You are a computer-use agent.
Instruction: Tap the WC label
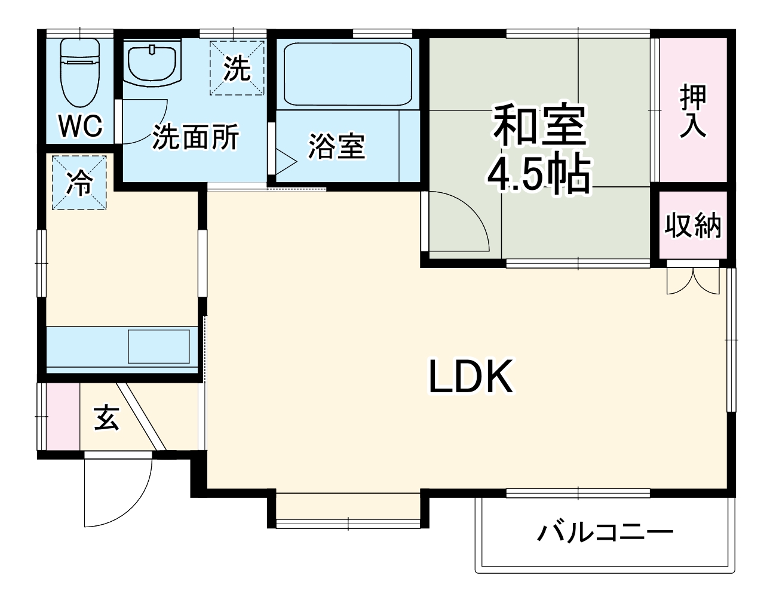click(81, 126)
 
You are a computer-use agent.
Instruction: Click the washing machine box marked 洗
click(237, 68)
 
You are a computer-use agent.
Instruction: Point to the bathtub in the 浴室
click(348, 73)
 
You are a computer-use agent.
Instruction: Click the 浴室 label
click(336, 146)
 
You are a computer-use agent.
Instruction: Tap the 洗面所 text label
click(195, 137)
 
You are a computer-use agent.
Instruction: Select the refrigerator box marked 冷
click(79, 183)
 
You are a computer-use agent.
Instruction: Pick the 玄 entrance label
click(107, 418)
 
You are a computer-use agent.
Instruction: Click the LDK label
click(471, 377)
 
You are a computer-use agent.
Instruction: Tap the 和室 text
click(539, 125)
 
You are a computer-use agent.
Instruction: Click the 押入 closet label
click(693, 111)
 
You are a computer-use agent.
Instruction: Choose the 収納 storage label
click(693, 226)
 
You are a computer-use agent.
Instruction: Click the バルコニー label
click(605, 532)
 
